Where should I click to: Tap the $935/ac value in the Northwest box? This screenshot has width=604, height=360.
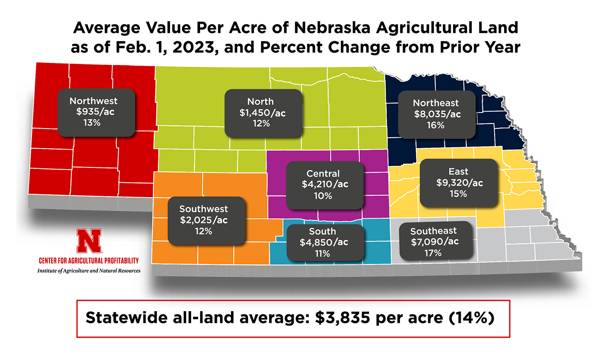click(x=93, y=112)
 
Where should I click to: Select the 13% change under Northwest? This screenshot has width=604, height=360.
click(x=93, y=124)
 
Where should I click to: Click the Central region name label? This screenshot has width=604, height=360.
click(x=323, y=174)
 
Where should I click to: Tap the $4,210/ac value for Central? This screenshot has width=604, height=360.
click(x=325, y=185)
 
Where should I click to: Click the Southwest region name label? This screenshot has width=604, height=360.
click(x=204, y=209)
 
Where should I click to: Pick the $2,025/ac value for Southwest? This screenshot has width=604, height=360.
click(x=204, y=220)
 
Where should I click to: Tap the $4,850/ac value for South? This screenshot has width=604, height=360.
click(x=323, y=242)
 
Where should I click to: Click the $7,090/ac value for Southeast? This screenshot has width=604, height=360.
click(x=435, y=242)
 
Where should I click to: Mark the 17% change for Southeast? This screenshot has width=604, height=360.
click(x=433, y=253)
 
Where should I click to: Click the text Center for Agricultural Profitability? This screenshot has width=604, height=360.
click(x=89, y=261)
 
